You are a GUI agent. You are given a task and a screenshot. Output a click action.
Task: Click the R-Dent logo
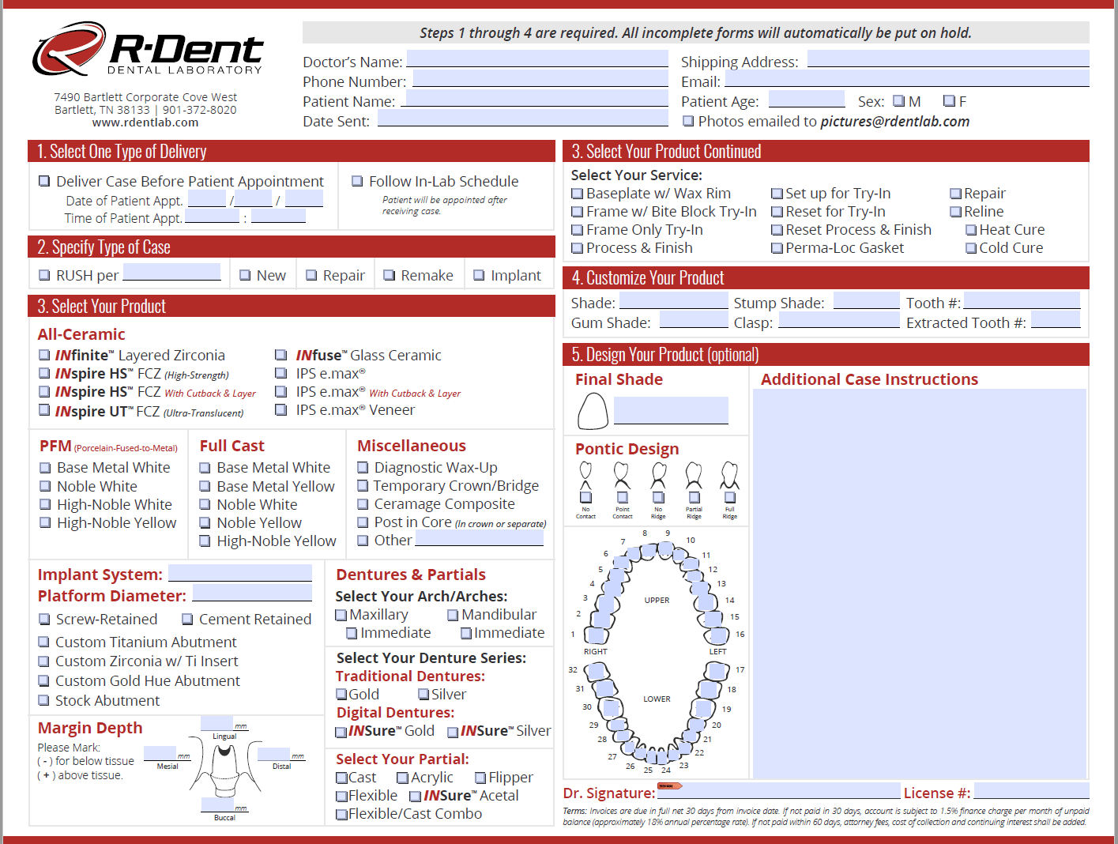(148, 50)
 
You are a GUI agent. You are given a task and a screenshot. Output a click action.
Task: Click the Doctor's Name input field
(537, 59)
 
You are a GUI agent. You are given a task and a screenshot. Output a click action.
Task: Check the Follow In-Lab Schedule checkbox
(357, 181)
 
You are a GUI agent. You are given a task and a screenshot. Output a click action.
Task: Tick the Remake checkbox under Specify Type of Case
(389, 275)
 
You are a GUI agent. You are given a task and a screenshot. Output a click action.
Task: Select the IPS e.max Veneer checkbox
(280, 409)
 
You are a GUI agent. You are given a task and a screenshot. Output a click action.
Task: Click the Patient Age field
(806, 100)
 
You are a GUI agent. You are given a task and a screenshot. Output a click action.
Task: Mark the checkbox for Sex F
(949, 101)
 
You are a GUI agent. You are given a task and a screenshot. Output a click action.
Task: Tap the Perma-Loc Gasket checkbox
(777, 248)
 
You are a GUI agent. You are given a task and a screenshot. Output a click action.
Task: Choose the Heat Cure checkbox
(971, 230)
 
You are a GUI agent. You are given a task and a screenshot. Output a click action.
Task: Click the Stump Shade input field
(866, 301)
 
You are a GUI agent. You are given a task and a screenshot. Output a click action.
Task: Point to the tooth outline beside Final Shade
(593, 411)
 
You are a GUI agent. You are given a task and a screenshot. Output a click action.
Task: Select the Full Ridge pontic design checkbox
(730, 497)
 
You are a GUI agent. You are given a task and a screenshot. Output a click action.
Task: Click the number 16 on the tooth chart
(740, 634)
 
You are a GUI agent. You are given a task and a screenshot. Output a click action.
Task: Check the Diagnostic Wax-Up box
(363, 468)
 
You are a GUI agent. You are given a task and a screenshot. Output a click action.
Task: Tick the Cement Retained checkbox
(188, 620)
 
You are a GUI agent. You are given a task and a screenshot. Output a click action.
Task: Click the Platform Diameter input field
(252, 593)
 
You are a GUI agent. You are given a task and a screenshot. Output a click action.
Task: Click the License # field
(1031, 791)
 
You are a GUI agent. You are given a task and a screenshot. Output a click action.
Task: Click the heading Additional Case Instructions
(869, 379)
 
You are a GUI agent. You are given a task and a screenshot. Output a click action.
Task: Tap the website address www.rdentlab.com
(145, 122)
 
